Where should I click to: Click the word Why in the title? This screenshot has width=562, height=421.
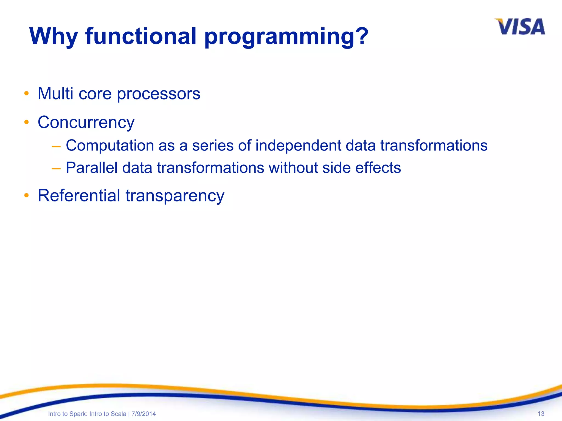[54, 36]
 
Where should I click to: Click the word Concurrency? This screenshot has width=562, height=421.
[86, 122]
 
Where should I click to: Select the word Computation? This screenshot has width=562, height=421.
[110, 146]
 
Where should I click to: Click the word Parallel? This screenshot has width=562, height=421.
[92, 167]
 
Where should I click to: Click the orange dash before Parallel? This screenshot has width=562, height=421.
[56, 168]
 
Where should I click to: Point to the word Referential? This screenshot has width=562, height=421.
[79, 196]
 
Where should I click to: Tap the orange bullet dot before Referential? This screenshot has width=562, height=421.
[26, 195]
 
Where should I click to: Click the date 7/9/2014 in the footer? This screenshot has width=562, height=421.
[144, 414]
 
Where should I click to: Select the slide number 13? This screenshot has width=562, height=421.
[541, 414]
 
